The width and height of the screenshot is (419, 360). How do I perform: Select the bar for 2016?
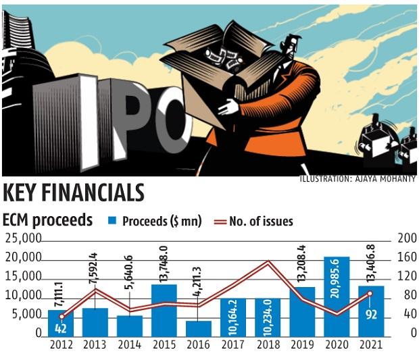pos(199,328)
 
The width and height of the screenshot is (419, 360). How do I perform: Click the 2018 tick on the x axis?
pos(268,345)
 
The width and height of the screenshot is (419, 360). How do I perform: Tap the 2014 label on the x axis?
pos(130,345)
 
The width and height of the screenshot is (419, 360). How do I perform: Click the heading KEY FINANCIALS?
pos(74,192)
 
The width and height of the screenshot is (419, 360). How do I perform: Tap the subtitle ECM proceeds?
pos(47,220)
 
